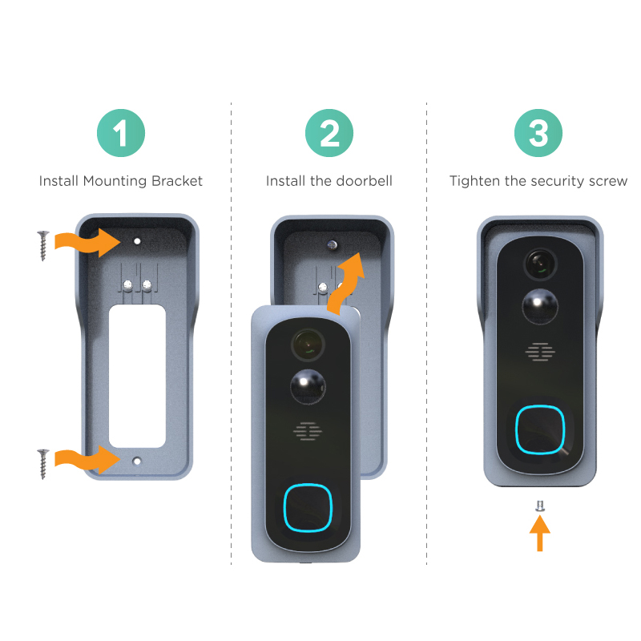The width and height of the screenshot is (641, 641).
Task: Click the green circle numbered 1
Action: point(121,133)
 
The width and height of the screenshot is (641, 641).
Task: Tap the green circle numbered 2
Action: point(329,133)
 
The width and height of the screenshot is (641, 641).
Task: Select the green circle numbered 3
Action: point(538,133)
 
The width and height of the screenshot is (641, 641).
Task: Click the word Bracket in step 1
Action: point(176,181)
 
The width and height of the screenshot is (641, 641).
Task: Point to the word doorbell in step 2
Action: point(364,181)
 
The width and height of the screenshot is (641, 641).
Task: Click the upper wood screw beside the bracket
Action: point(43,246)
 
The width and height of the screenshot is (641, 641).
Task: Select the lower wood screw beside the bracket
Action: point(43,464)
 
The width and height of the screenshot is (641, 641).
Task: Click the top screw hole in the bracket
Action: point(137,241)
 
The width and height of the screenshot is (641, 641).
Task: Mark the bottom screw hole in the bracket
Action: point(137,462)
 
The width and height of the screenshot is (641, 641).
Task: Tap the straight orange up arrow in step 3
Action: point(539,533)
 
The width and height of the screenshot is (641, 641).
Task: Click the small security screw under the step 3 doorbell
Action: point(539,506)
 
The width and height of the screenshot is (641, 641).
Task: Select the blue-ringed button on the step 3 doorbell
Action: point(540,429)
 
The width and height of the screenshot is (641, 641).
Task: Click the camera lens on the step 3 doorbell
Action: point(540,264)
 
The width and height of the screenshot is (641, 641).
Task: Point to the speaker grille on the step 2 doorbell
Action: point(308,431)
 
